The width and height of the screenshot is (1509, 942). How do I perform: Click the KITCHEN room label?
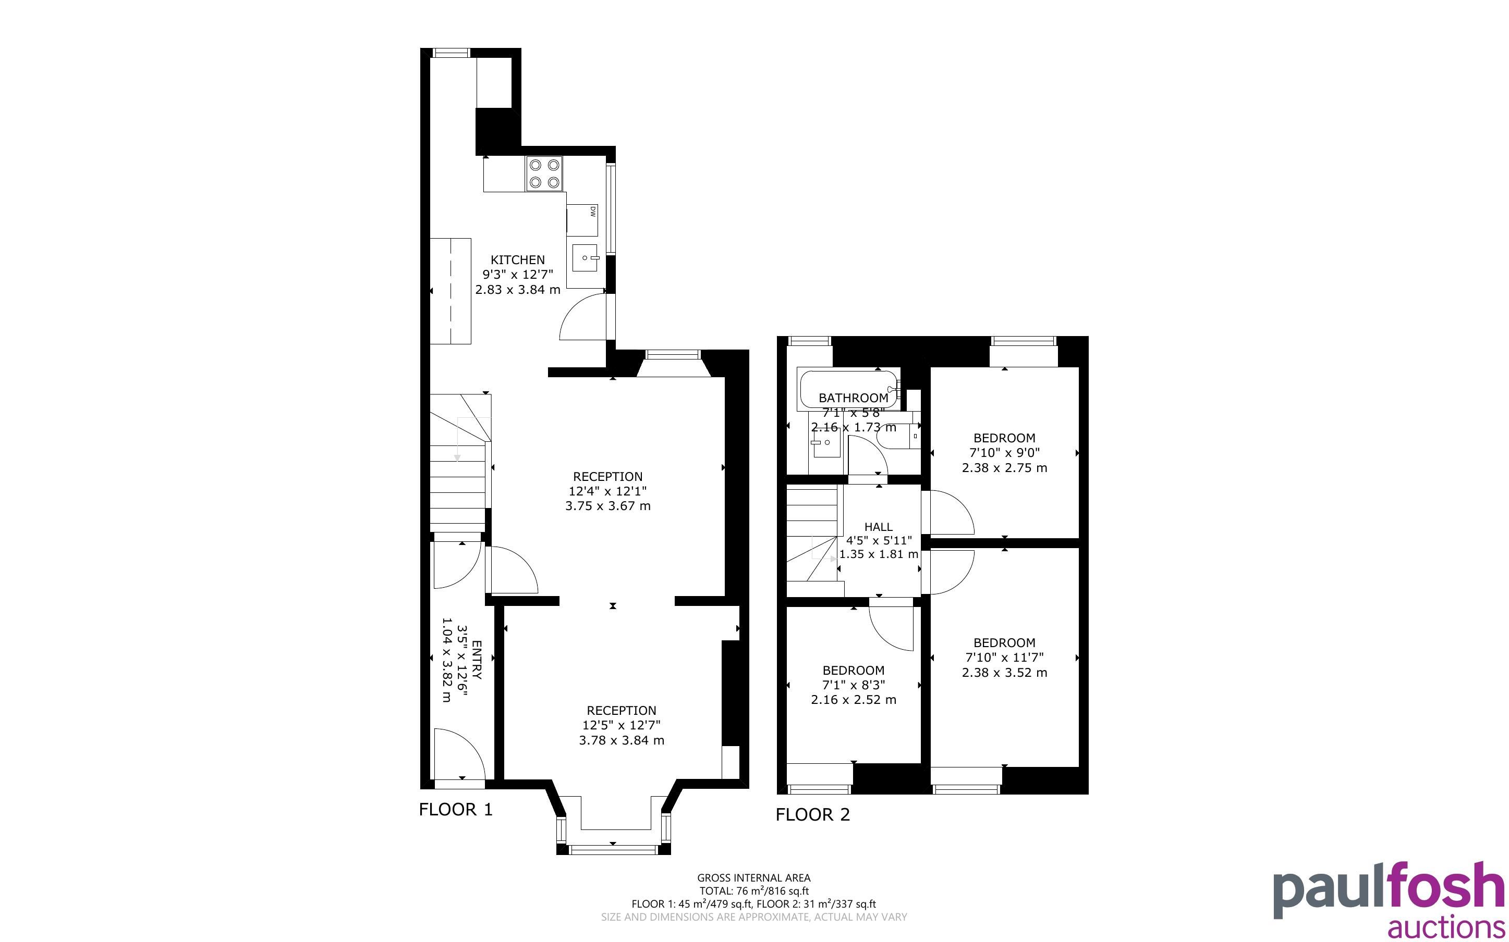pyautogui.click(x=517, y=260)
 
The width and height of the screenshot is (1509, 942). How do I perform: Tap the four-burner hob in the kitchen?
pyautogui.click(x=544, y=174)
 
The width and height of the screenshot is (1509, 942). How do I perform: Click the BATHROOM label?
pyautogui.click(x=853, y=398)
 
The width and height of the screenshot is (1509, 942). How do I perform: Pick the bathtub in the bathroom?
pyautogui.click(x=848, y=391)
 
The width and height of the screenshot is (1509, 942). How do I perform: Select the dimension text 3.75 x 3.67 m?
pyautogui.click(x=607, y=506)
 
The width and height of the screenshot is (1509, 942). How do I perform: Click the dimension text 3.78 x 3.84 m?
pyautogui.click(x=622, y=740)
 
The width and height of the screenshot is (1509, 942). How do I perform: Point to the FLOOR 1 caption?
pyautogui.click(x=456, y=809)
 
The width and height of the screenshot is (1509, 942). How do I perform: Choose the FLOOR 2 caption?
pyautogui.click(x=813, y=814)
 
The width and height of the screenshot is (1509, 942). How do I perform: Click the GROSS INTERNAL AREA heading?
pyautogui.click(x=753, y=878)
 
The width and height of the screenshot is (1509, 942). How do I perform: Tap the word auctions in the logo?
pyautogui.click(x=1447, y=926)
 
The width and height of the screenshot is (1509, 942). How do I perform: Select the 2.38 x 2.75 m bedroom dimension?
pyautogui.click(x=1004, y=468)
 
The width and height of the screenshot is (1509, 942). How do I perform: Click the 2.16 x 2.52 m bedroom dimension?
pyautogui.click(x=853, y=700)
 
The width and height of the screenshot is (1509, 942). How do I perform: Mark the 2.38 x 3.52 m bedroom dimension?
pyautogui.click(x=1004, y=673)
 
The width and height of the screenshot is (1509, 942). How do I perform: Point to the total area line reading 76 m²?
pyautogui.click(x=753, y=891)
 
